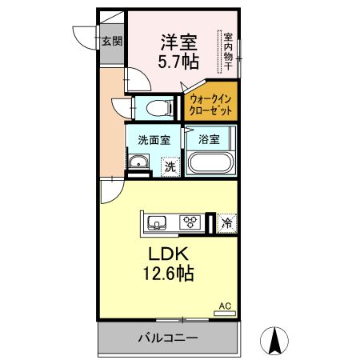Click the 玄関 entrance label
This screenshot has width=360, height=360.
tap(111, 42)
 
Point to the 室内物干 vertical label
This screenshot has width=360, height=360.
tap(228, 51)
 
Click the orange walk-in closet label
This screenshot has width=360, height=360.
tap(211, 103)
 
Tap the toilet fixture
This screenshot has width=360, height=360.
tap(158, 105)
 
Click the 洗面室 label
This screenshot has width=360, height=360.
tap(153, 139)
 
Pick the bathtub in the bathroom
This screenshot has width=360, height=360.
tap(210, 164)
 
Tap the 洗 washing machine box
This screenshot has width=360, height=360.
tap(170, 166)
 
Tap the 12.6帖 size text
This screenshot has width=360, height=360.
tap(170, 274)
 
